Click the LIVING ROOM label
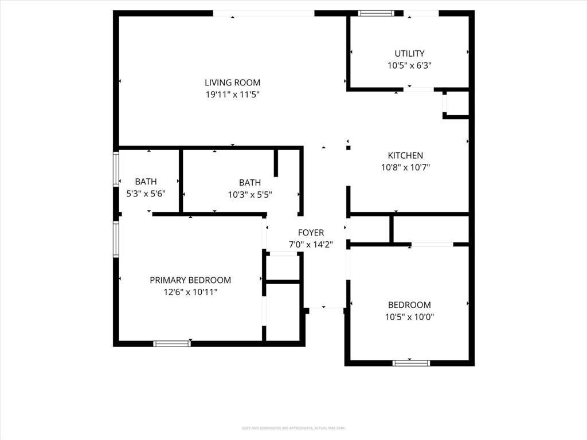pos(232,82)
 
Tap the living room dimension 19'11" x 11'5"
pos(232,95)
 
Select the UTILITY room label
pos(409,54)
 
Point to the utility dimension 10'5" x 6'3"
pos(409,65)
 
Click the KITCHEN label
pos(405,155)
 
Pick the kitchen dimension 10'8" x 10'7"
pos(405,167)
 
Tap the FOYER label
pos(311,233)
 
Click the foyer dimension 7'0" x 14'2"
pos(311,244)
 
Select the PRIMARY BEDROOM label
pos(190,280)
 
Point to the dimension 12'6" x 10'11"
pos(190,292)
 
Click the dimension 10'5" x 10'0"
pos(409,316)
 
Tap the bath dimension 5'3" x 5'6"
pos(146,194)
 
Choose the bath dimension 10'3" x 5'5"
pos(250,194)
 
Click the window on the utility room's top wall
pos(377,13)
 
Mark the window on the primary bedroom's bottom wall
pos(172,344)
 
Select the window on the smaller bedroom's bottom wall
pos(411,363)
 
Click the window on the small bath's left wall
pos(116,168)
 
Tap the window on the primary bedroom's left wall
pos(116,239)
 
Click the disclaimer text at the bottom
pos(293,428)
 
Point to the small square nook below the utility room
pos(456,104)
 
